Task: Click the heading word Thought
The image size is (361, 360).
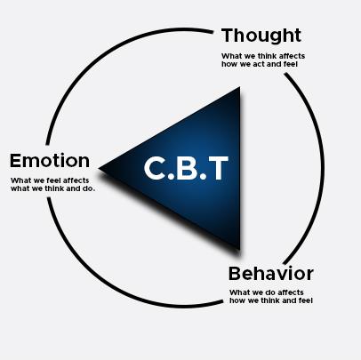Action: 261,36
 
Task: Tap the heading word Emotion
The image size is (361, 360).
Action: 50,161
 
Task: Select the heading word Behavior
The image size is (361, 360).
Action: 271,274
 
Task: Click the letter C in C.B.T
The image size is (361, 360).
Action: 155,168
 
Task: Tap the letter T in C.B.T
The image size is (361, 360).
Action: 219,168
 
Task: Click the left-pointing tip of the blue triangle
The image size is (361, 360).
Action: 99,169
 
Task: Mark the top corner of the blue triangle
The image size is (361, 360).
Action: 240,87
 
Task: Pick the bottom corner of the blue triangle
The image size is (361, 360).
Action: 240,249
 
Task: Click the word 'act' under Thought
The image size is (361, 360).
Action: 259,64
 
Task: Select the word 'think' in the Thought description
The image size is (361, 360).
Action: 269,56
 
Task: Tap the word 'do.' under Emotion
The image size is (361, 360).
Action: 88,188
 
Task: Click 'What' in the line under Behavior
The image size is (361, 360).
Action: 238,292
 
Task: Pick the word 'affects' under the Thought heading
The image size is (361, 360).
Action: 293,56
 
